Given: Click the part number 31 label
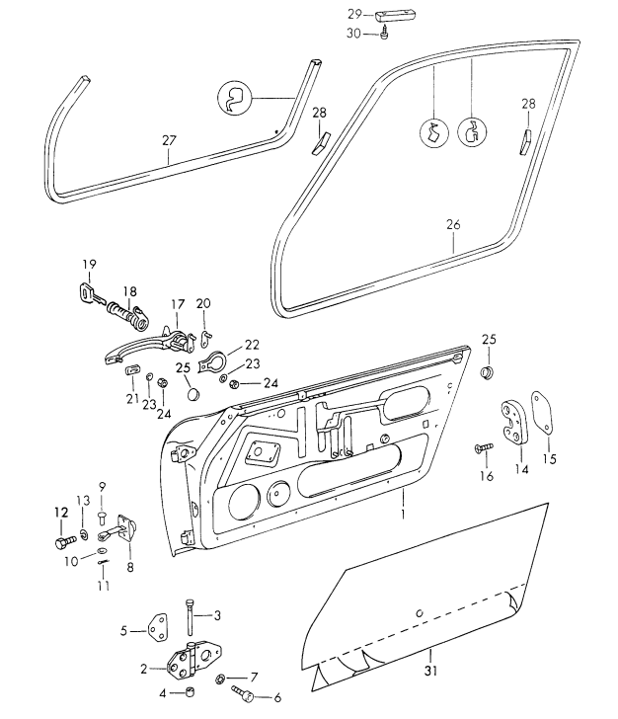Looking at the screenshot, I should click(x=431, y=674).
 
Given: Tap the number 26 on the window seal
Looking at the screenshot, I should click(x=453, y=225).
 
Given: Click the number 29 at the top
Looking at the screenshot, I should click(x=354, y=15).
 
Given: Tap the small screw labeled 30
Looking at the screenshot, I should click(x=385, y=34).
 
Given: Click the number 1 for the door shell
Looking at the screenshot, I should click(x=403, y=514).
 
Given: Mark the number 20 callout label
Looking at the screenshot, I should click(x=204, y=302).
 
